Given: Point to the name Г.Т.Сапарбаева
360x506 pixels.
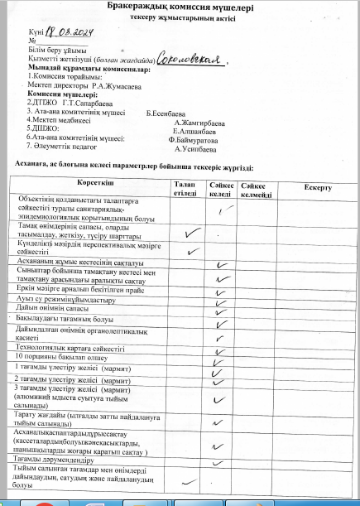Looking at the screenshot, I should click(x=88, y=102).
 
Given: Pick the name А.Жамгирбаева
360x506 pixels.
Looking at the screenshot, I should click(x=195, y=121).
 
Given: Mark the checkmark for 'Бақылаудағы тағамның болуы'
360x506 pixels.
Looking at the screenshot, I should click(x=220, y=317).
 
